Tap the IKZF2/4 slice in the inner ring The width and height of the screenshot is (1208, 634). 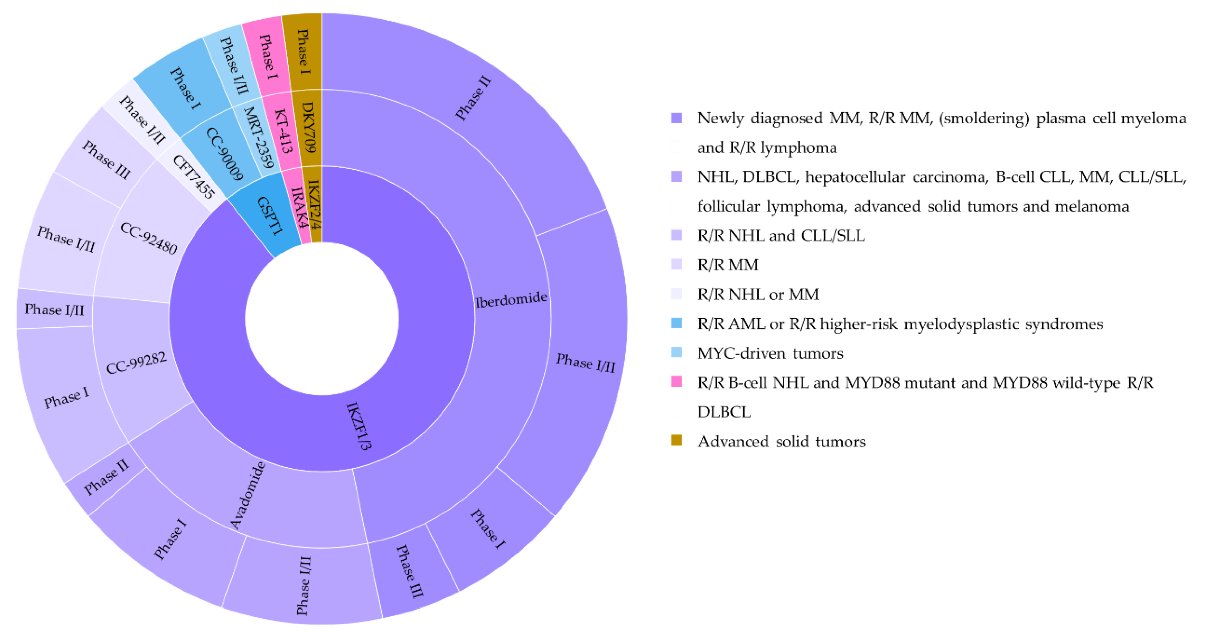point(314,205)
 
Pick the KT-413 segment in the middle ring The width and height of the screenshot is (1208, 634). point(283,131)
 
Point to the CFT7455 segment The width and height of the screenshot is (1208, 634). point(193,176)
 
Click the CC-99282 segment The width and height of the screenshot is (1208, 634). point(136,363)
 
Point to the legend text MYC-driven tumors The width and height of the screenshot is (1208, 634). point(770,353)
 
